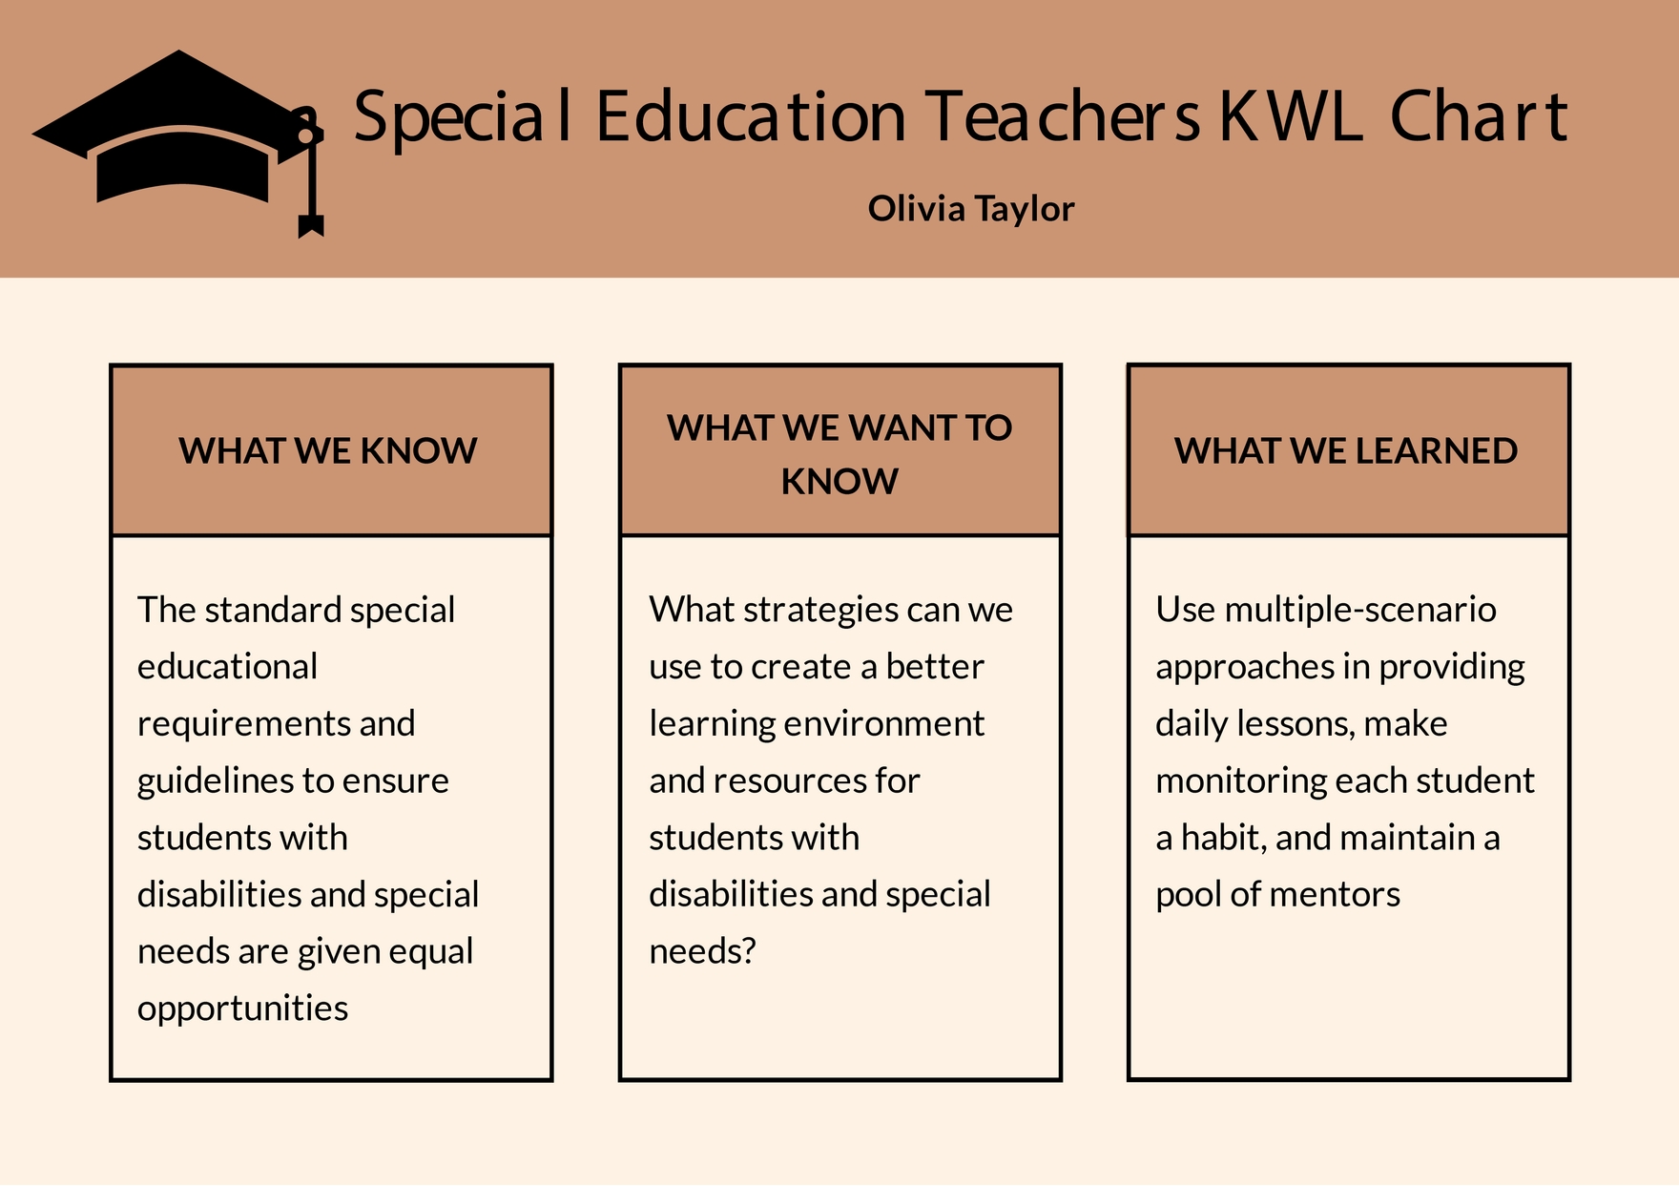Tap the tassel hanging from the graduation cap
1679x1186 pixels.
310,191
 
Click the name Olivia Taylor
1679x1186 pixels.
970,209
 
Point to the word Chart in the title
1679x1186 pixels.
1478,117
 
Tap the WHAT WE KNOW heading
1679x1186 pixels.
328,451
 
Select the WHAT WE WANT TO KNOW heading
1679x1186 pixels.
839,454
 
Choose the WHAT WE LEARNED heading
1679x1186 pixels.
1346,451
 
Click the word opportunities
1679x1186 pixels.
242,1009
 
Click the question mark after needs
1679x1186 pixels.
749,951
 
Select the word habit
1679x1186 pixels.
1224,838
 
